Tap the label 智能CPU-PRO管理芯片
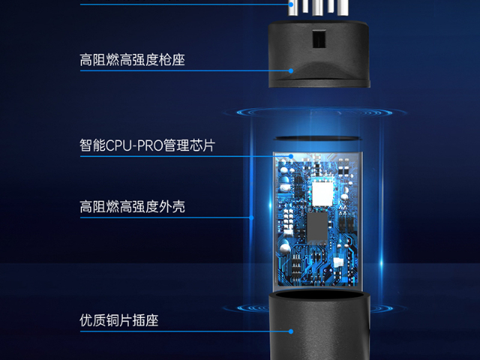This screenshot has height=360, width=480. click(x=147, y=145)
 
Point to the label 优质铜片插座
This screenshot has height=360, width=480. click(x=118, y=320)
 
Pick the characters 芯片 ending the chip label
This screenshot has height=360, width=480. click(x=201, y=145)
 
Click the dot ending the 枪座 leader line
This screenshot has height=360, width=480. click(x=291, y=71)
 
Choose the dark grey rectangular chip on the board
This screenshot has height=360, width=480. click(x=316, y=226)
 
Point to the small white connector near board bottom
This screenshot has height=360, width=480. click(x=339, y=262)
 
